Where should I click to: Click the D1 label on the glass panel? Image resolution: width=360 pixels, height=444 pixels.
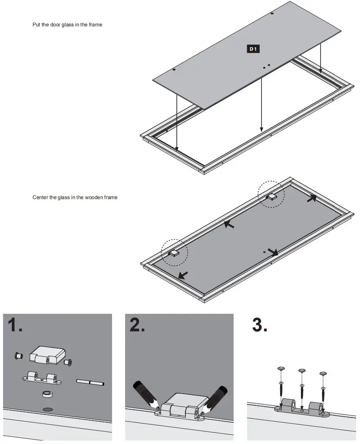[254, 49]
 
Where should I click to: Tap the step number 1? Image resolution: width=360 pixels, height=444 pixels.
[15, 325]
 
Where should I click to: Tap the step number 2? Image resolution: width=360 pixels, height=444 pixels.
[137, 325]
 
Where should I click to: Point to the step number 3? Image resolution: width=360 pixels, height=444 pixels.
[260, 325]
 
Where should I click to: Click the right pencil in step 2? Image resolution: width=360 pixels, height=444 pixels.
[216, 396]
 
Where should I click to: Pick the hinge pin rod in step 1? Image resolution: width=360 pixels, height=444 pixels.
[90, 382]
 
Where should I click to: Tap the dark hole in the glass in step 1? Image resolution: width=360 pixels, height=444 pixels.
[47, 409]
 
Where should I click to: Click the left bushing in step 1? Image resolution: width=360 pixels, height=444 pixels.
[18, 356]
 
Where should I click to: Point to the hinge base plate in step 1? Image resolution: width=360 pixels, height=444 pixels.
[42, 378]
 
